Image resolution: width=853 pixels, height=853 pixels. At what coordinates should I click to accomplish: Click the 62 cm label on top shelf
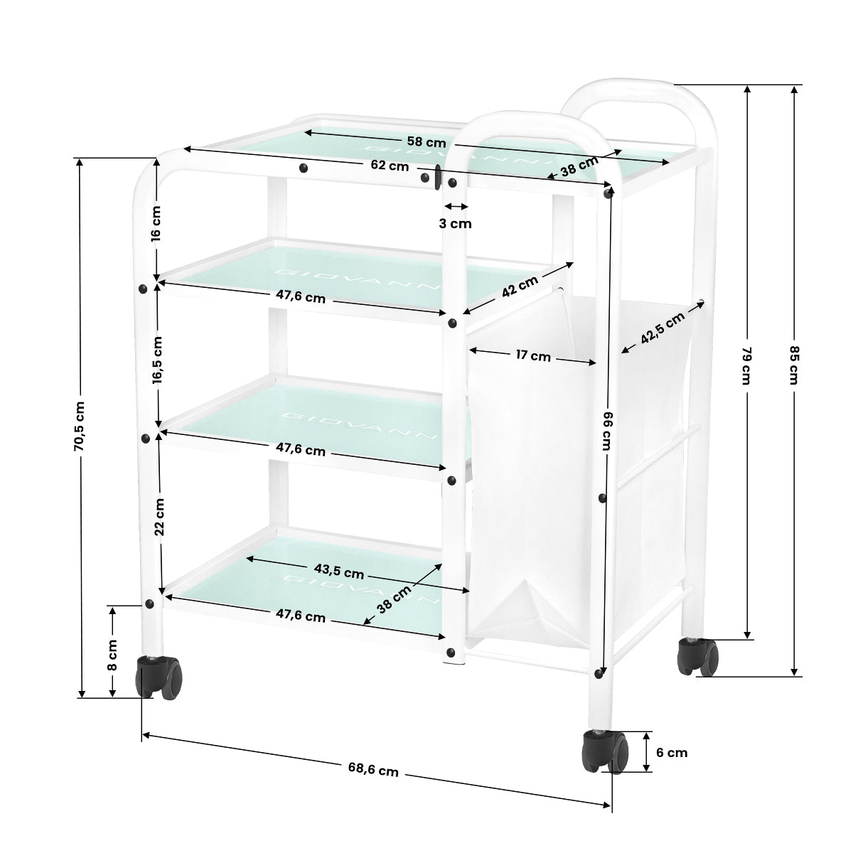390,166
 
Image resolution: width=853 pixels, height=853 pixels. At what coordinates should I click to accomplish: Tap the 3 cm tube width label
455,223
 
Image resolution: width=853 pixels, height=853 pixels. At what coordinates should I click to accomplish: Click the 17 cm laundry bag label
532,356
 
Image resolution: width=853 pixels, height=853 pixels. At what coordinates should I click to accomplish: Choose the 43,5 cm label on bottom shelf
339,572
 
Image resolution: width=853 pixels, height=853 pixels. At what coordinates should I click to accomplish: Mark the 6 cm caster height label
672,752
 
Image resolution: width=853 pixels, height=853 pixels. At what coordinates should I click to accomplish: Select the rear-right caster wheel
699,656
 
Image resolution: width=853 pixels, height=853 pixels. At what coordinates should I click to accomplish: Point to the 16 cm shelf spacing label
156,223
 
